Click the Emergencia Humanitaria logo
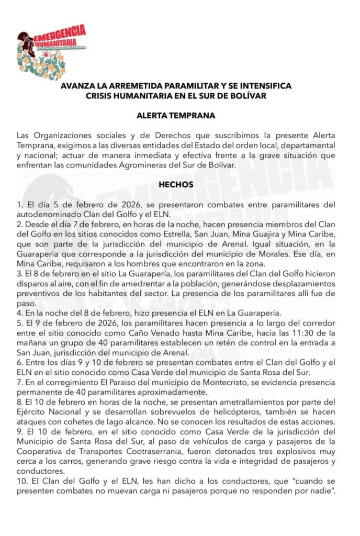pyautogui.click(x=51, y=50)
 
